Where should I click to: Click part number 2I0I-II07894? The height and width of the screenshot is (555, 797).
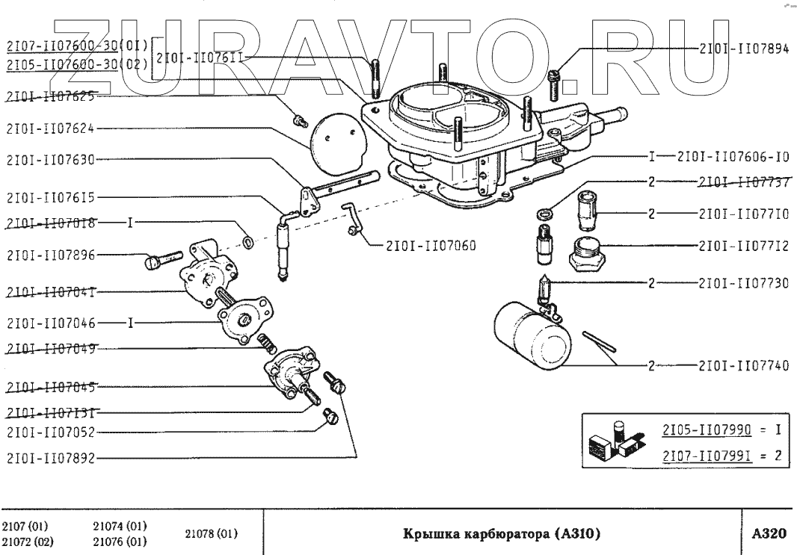[743, 46]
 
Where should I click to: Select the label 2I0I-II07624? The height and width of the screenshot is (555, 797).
[50, 128]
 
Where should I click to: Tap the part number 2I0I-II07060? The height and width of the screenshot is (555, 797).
[431, 244]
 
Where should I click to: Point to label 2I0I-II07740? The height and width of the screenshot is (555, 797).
[743, 366]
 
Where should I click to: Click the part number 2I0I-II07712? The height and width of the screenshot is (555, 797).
[743, 245]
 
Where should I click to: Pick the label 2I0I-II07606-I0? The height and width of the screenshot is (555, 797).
[733, 157]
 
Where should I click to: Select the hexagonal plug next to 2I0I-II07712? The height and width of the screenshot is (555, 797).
[588, 255]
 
